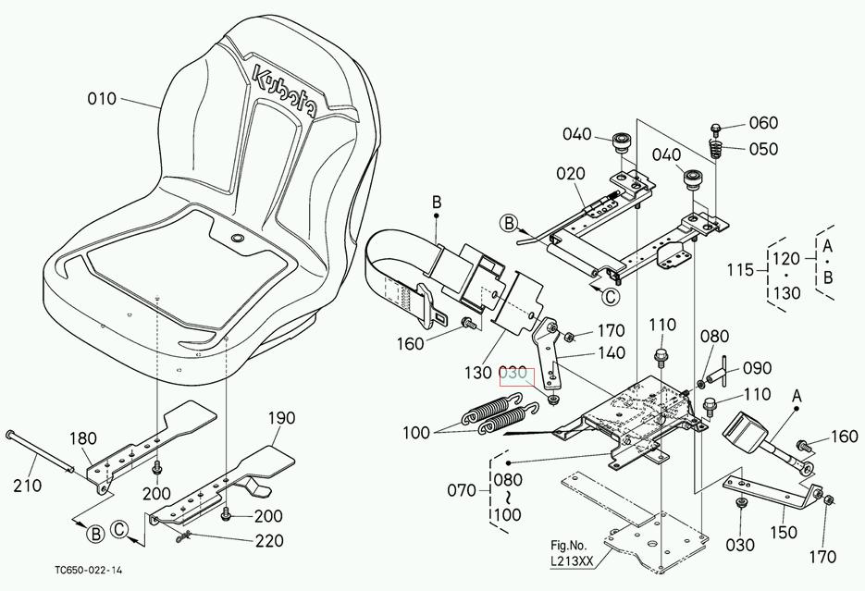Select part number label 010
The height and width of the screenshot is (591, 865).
tap(102, 99)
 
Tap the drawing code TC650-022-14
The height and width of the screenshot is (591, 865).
tap(87, 571)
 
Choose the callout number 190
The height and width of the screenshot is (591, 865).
tap(281, 418)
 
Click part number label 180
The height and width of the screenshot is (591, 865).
tap(82, 437)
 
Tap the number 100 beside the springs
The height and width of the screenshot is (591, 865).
tap(416, 432)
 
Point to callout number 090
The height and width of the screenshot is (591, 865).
tap(758, 369)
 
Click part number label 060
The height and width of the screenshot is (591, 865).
tap(763, 123)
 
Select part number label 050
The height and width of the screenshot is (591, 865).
tap(763, 149)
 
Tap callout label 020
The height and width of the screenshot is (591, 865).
tap(570, 174)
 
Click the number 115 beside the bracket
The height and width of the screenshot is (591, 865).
tap(740, 270)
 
